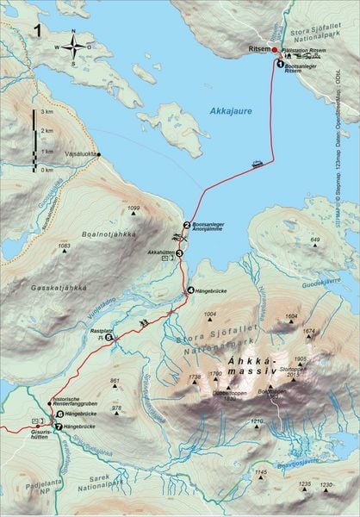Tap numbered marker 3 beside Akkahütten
tap(179, 253)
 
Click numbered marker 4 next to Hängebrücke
tap(190, 290)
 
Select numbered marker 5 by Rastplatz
tap(109, 337)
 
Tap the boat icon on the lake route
tap(258, 161)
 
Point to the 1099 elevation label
tap(133, 209)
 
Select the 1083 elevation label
tap(63, 246)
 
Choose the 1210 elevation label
tap(256, 420)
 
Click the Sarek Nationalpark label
tap(104, 480)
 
